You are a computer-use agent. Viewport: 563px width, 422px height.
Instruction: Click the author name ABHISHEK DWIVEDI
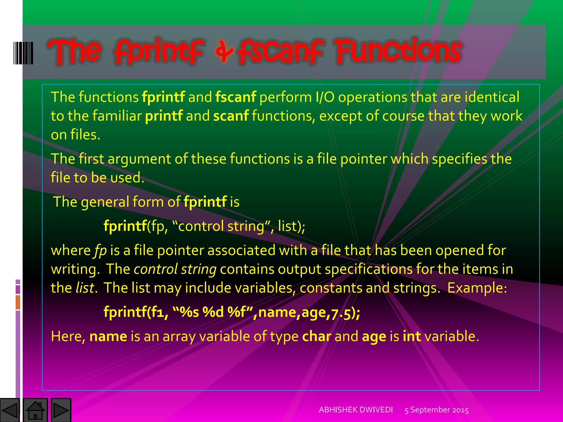coord(356,410)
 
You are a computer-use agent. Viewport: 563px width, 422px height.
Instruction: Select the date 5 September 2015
coord(437,410)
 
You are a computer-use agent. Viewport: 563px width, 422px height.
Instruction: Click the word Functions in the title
coord(398,51)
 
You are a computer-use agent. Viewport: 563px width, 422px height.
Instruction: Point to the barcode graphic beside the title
coord(23,53)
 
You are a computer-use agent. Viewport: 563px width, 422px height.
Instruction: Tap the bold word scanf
coord(231,116)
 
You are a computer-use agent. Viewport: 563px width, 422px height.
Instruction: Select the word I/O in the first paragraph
coord(324,97)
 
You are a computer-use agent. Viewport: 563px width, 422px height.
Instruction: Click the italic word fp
coord(100,251)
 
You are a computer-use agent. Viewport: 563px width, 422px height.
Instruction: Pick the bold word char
coord(316,336)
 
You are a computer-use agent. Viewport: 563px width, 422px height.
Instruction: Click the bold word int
coord(412,336)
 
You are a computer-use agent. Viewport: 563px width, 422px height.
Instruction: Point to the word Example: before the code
coord(477,288)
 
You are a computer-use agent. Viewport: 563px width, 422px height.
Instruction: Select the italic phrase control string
coord(175,269)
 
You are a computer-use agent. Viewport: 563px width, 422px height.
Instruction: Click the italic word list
coord(85,288)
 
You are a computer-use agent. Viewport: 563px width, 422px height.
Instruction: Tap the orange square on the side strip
coord(18,302)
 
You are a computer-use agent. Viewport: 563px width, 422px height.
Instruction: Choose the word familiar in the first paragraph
coord(117,116)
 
